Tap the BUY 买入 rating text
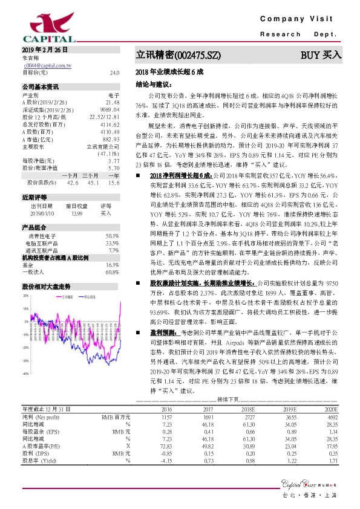tap(321, 55)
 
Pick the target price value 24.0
tap(114, 72)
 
